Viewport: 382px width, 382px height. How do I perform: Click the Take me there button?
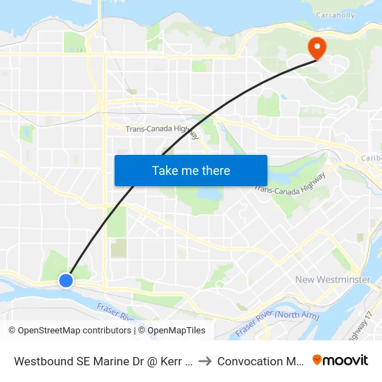coord(191,170)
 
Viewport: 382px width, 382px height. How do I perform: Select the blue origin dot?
coord(65,280)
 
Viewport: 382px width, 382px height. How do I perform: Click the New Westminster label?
coord(333,279)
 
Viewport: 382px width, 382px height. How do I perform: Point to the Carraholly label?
coord(335,14)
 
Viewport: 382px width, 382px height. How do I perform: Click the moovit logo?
coord(340,360)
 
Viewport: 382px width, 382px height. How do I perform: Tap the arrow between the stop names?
coord(205,361)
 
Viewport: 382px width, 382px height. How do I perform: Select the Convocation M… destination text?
coord(258,361)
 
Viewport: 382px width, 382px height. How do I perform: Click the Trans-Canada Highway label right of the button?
coord(290,181)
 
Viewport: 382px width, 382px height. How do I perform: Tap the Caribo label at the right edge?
coord(371,158)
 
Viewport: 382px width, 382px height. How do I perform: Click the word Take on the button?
coord(164,170)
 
